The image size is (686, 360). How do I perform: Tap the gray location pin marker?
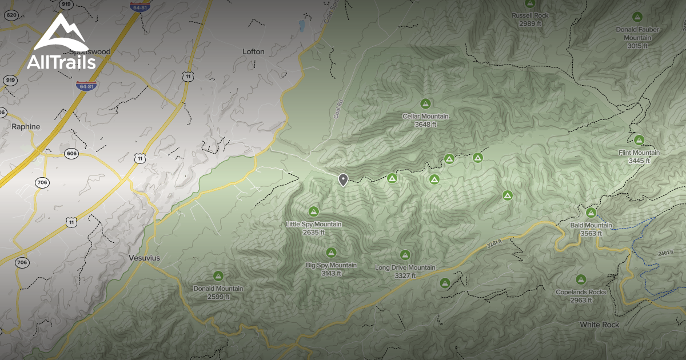[x=343, y=180]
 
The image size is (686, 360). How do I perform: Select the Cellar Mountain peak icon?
[x=425, y=104]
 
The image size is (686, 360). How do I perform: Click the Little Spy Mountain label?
[x=313, y=225]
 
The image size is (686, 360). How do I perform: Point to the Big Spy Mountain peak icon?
[x=331, y=253]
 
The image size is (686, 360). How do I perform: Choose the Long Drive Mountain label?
[x=405, y=267]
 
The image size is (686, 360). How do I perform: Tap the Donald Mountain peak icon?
[x=218, y=276]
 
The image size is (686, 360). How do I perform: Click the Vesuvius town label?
[x=144, y=258]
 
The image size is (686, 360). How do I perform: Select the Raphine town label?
[x=26, y=127]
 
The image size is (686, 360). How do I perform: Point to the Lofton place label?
[x=253, y=51]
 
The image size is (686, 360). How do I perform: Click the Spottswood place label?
[x=91, y=51]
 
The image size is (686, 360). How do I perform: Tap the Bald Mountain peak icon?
[x=591, y=213]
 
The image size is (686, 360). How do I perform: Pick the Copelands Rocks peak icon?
[x=581, y=279]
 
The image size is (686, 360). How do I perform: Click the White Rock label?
[x=599, y=325]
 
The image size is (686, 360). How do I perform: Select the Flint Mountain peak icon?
[x=639, y=140]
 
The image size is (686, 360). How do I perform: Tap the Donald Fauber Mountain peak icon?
[x=637, y=17]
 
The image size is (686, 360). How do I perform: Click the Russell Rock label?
[x=530, y=15]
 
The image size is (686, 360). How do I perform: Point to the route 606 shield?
[x=71, y=154]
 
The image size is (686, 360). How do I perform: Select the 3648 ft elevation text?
[x=425, y=124]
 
